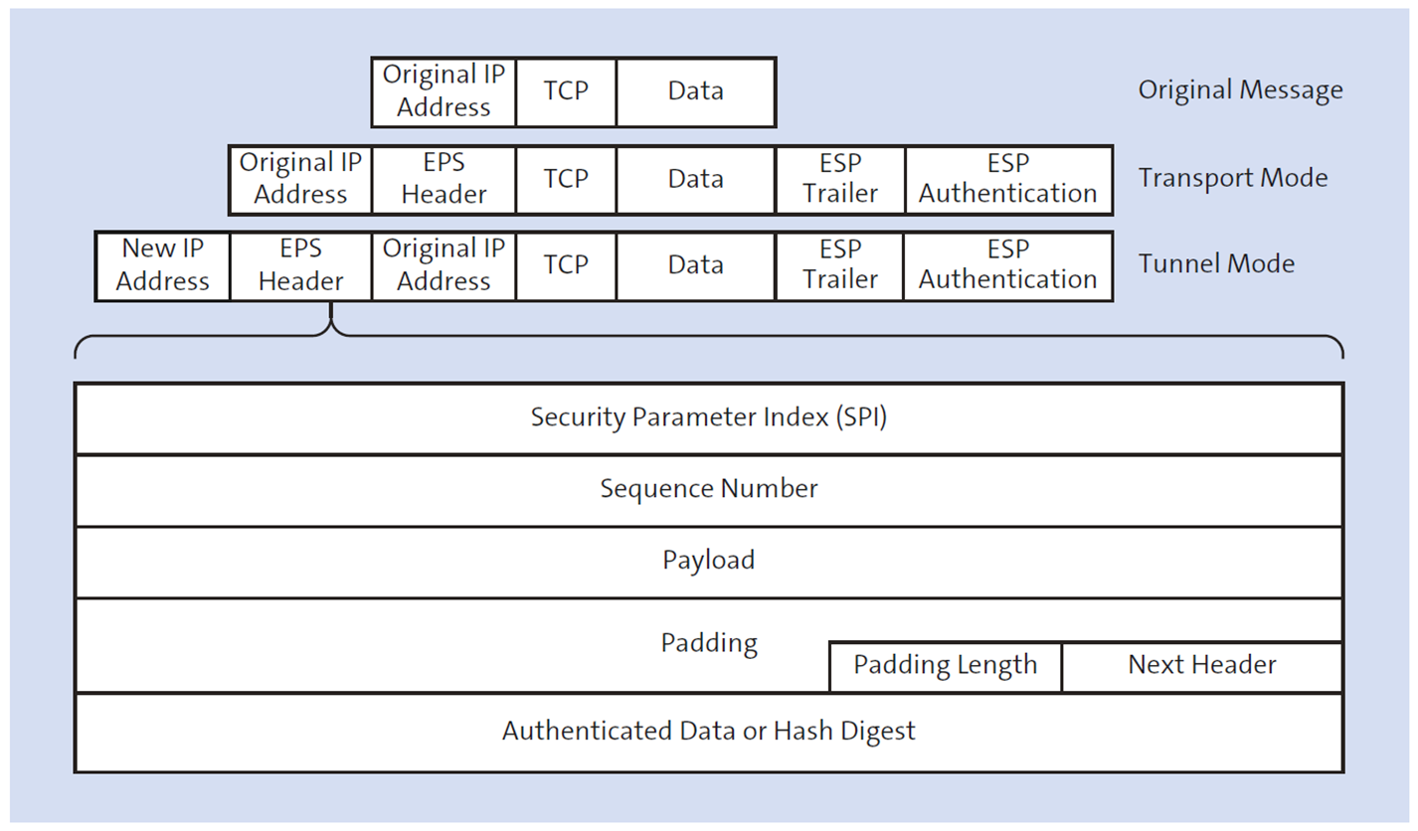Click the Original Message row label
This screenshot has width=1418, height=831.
pos(1240,90)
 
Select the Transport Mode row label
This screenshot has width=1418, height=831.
pos(1233,178)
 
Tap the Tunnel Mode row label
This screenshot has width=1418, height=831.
pos(1216,264)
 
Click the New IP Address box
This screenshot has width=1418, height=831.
pos(163,265)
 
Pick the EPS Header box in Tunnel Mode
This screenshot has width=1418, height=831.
pos(300,265)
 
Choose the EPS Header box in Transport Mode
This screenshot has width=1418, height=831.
pos(443,179)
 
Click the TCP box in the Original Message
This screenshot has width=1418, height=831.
pos(566,91)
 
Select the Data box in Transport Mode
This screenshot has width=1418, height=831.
pos(695,179)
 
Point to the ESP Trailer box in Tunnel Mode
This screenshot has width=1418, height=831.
pos(840,265)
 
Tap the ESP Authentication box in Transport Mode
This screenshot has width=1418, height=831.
pos(1008,179)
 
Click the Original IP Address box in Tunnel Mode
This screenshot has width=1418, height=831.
pos(443,265)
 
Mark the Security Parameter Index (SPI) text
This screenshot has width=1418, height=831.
pos(708,417)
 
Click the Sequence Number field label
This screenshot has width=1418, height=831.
pos(708,489)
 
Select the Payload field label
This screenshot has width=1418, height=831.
pos(708,561)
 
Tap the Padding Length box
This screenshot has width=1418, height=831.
pos(945,665)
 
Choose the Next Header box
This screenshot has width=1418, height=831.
pos(1201,665)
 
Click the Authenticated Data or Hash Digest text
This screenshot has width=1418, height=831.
pos(708,732)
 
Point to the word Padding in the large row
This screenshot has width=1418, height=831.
pos(708,643)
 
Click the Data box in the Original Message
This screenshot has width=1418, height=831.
pos(695,91)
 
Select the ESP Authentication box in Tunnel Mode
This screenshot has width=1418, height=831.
pos(1008,265)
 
